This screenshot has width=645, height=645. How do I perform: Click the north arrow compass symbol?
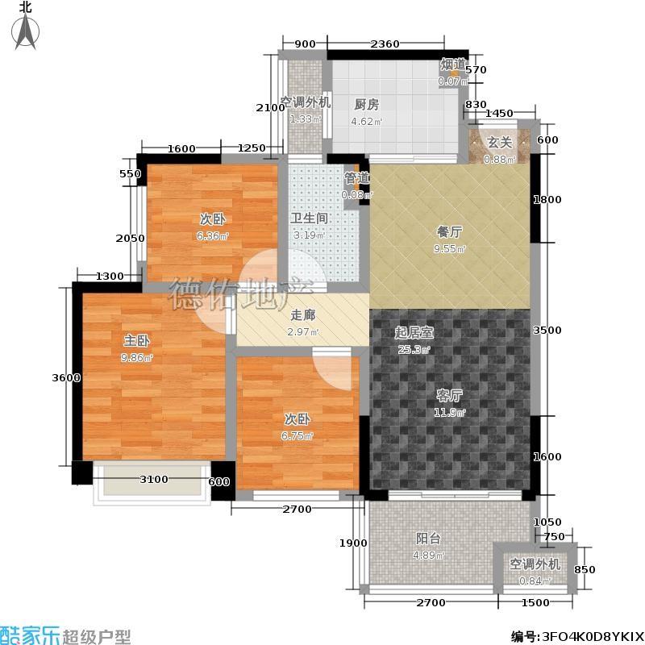click(26, 31)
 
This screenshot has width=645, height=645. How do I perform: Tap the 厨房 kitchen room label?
click(367, 105)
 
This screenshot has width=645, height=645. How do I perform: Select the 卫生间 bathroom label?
click(309, 218)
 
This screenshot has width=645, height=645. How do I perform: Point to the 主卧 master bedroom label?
click(137, 341)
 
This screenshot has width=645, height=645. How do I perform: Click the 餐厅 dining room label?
click(449, 232)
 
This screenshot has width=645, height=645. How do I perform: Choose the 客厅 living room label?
click(449, 396)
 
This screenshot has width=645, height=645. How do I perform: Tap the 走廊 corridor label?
click(303, 315)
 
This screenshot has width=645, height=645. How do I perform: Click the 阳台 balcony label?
click(428, 539)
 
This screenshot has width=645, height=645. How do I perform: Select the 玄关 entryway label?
click(499, 143)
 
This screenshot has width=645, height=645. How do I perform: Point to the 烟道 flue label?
click(453, 64)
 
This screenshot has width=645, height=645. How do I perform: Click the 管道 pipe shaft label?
click(356, 178)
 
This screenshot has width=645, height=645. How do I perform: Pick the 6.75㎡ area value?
click(297, 436)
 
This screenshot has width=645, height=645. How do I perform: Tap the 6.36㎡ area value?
click(212, 236)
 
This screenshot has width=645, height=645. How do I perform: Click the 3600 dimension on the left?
click(66, 377)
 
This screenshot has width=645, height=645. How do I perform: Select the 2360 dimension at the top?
click(385, 44)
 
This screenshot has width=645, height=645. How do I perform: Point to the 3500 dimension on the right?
click(547, 331)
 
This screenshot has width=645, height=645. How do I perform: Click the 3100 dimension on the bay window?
click(154, 479)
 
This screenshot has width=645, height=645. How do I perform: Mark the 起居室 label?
click(414, 333)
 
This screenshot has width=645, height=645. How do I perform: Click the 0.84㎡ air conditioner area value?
click(535, 581)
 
